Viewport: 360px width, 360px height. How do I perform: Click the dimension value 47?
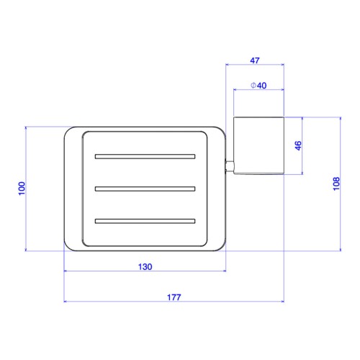coord(255,60)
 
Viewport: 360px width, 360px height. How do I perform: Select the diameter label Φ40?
coord(258,86)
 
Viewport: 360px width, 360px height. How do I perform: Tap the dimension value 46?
coord(298,145)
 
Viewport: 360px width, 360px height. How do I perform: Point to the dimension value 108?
coord(336,184)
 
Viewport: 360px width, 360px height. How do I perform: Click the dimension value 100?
coord(22,189)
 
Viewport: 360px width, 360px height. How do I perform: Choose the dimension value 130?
coord(145,266)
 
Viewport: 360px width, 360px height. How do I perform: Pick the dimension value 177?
coord(174,297)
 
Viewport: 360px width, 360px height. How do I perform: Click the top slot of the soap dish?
coord(145,156)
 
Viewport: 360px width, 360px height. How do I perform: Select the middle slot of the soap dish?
coord(145,189)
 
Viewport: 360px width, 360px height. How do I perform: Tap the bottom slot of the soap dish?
coord(145,221)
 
